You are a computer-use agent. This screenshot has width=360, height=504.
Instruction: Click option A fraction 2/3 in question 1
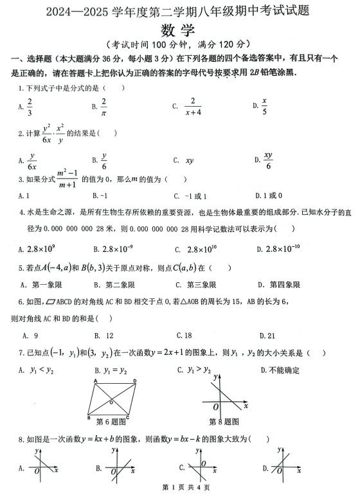tap(30, 106)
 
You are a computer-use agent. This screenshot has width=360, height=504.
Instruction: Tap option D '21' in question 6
tap(267, 335)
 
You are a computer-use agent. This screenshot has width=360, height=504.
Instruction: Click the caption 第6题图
tap(111, 422)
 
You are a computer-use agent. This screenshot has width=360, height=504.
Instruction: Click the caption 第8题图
tap(224, 422)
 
